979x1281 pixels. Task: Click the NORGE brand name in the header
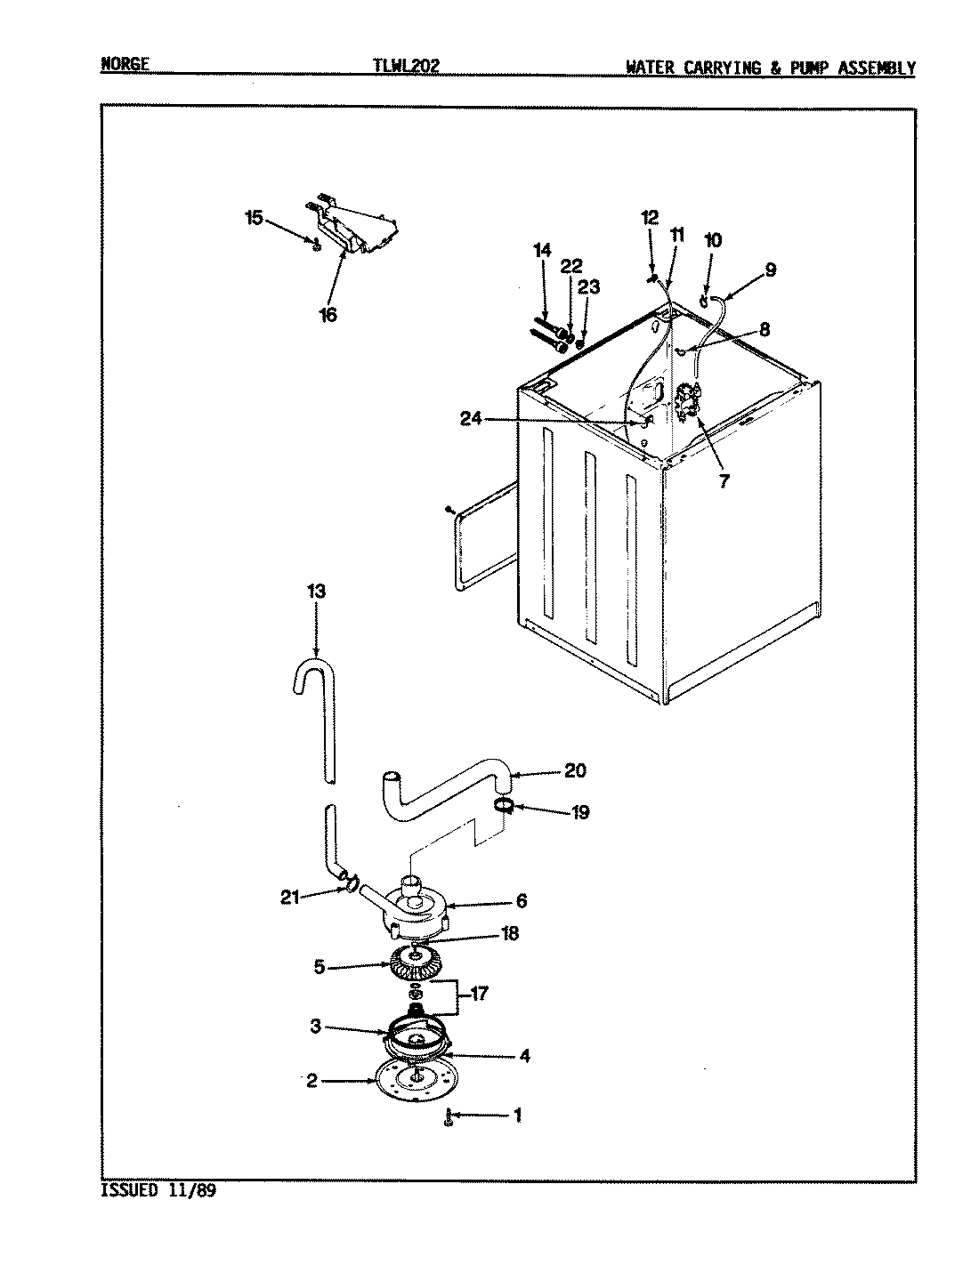(x=124, y=66)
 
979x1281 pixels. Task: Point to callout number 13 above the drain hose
(x=315, y=592)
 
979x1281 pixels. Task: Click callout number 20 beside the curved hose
(x=575, y=770)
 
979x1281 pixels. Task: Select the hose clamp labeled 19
(x=503, y=806)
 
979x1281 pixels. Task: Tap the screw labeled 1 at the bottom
(x=449, y=1118)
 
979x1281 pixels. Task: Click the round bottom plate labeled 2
(x=410, y=1077)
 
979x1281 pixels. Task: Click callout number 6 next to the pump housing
(x=521, y=900)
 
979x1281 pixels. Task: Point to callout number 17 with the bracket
(x=479, y=994)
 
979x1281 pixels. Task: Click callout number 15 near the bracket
(x=254, y=218)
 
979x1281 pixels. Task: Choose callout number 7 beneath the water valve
(x=723, y=481)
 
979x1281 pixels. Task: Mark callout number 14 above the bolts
(x=542, y=251)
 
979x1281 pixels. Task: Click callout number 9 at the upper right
(x=769, y=270)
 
